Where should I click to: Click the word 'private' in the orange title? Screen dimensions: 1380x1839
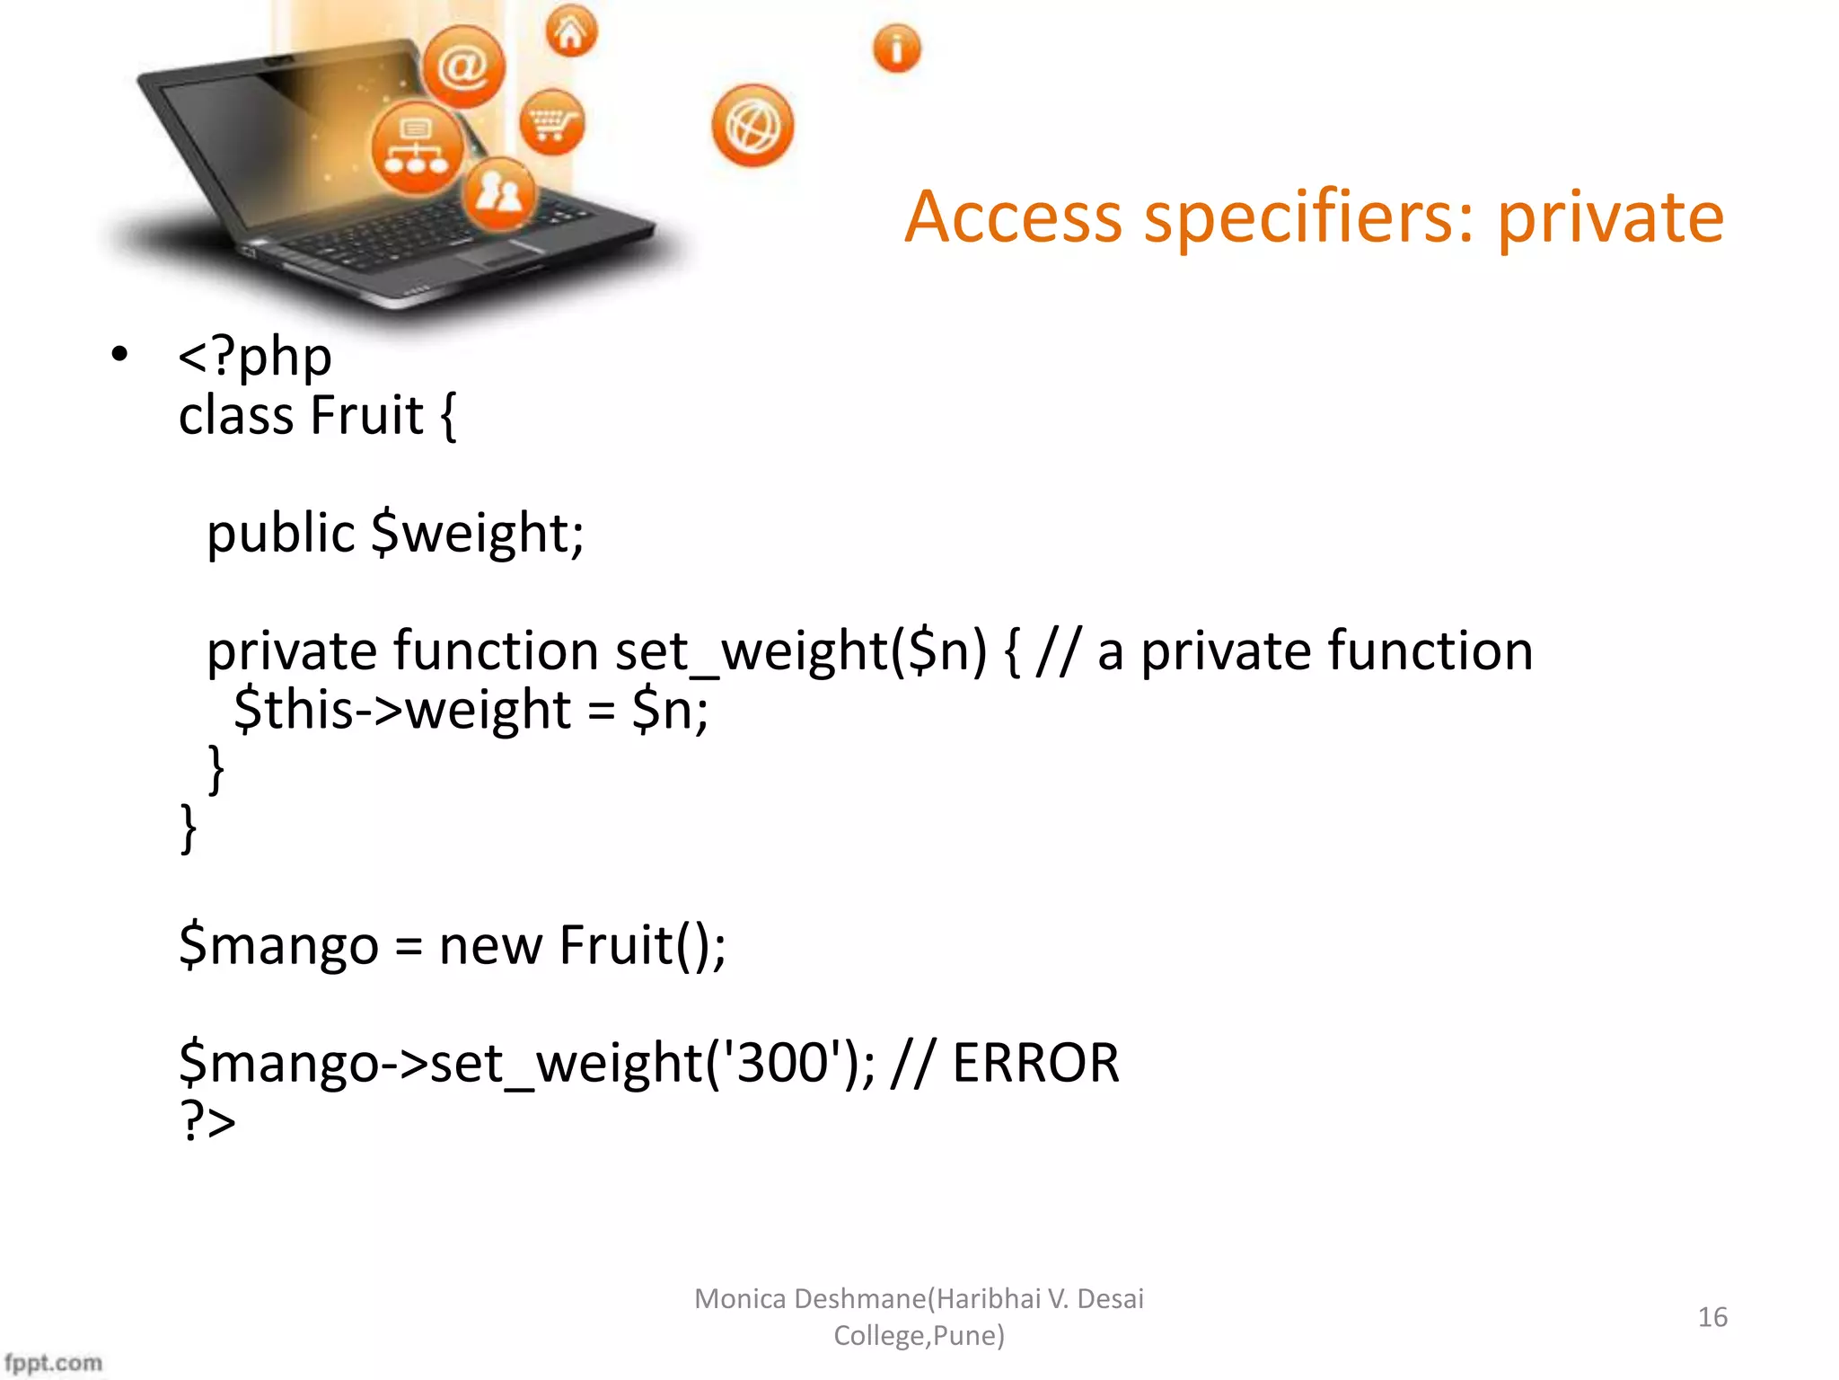point(1609,218)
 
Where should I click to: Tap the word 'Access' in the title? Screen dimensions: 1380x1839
point(1013,218)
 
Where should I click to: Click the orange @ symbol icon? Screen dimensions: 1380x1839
point(463,67)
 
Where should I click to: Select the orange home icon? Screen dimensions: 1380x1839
point(571,32)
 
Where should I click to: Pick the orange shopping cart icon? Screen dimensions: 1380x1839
point(551,122)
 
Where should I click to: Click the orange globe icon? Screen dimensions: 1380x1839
point(752,127)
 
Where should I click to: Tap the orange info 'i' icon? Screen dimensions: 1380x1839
point(896,49)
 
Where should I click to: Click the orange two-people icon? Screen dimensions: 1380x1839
point(499,192)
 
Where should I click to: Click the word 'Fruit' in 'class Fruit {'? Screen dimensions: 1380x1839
point(367,416)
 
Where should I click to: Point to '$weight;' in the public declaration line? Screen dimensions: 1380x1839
point(478,533)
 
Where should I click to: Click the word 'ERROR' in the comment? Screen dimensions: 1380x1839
point(1035,1063)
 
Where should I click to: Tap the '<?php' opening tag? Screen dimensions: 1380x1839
point(255,357)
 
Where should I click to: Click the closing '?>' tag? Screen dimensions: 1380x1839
point(207,1120)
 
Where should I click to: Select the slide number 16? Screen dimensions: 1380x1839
point(1711,1317)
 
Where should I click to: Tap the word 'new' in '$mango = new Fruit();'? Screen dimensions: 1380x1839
point(490,945)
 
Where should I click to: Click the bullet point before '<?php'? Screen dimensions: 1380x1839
point(119,355)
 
